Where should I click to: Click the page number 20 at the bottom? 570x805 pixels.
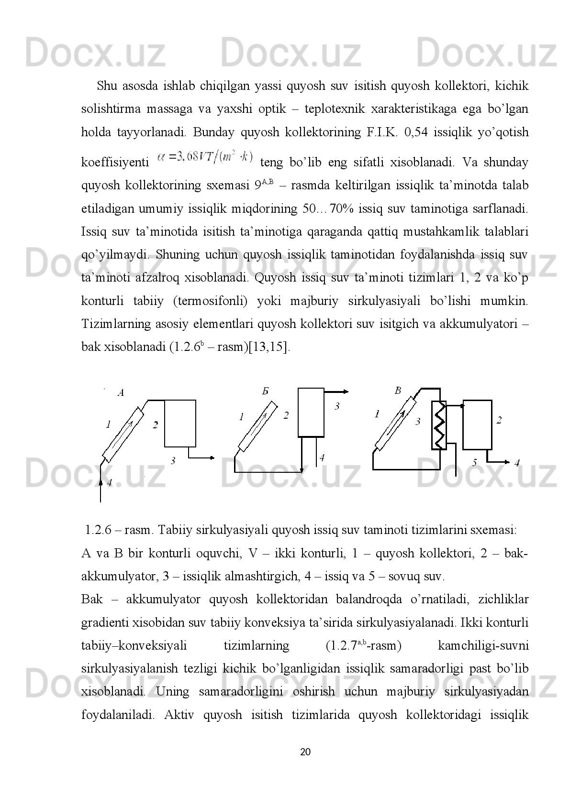(305, 752)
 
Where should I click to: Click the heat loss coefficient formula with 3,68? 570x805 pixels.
(206, 157)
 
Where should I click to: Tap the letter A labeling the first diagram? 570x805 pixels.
(121, 393)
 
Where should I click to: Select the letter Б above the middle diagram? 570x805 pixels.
(265, 391)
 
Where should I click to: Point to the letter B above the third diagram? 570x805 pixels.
(398, 391)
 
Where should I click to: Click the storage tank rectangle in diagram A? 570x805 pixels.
(180, 423)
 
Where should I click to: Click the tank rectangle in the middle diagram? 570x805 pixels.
(311, 412)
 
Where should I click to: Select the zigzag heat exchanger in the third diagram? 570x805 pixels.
(439, 425)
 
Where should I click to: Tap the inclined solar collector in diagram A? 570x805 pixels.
(123, 435)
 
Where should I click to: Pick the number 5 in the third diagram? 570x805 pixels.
(475, 462)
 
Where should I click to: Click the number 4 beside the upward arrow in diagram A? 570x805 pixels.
(110, 483)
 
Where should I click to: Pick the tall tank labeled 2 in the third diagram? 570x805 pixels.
(477, 424)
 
